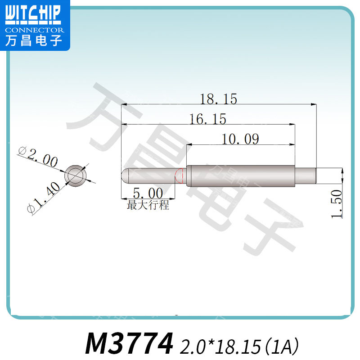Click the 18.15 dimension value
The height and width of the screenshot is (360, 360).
[219, 99]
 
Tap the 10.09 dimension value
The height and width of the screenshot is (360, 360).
[241, 139]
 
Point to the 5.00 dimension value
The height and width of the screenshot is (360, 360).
[148, 194]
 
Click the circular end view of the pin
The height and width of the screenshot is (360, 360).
[76, 175]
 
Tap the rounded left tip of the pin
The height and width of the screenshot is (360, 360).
[125, 175]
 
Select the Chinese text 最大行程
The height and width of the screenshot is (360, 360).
[148, 206]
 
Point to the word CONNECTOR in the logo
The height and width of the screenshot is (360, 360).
[34, 30]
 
